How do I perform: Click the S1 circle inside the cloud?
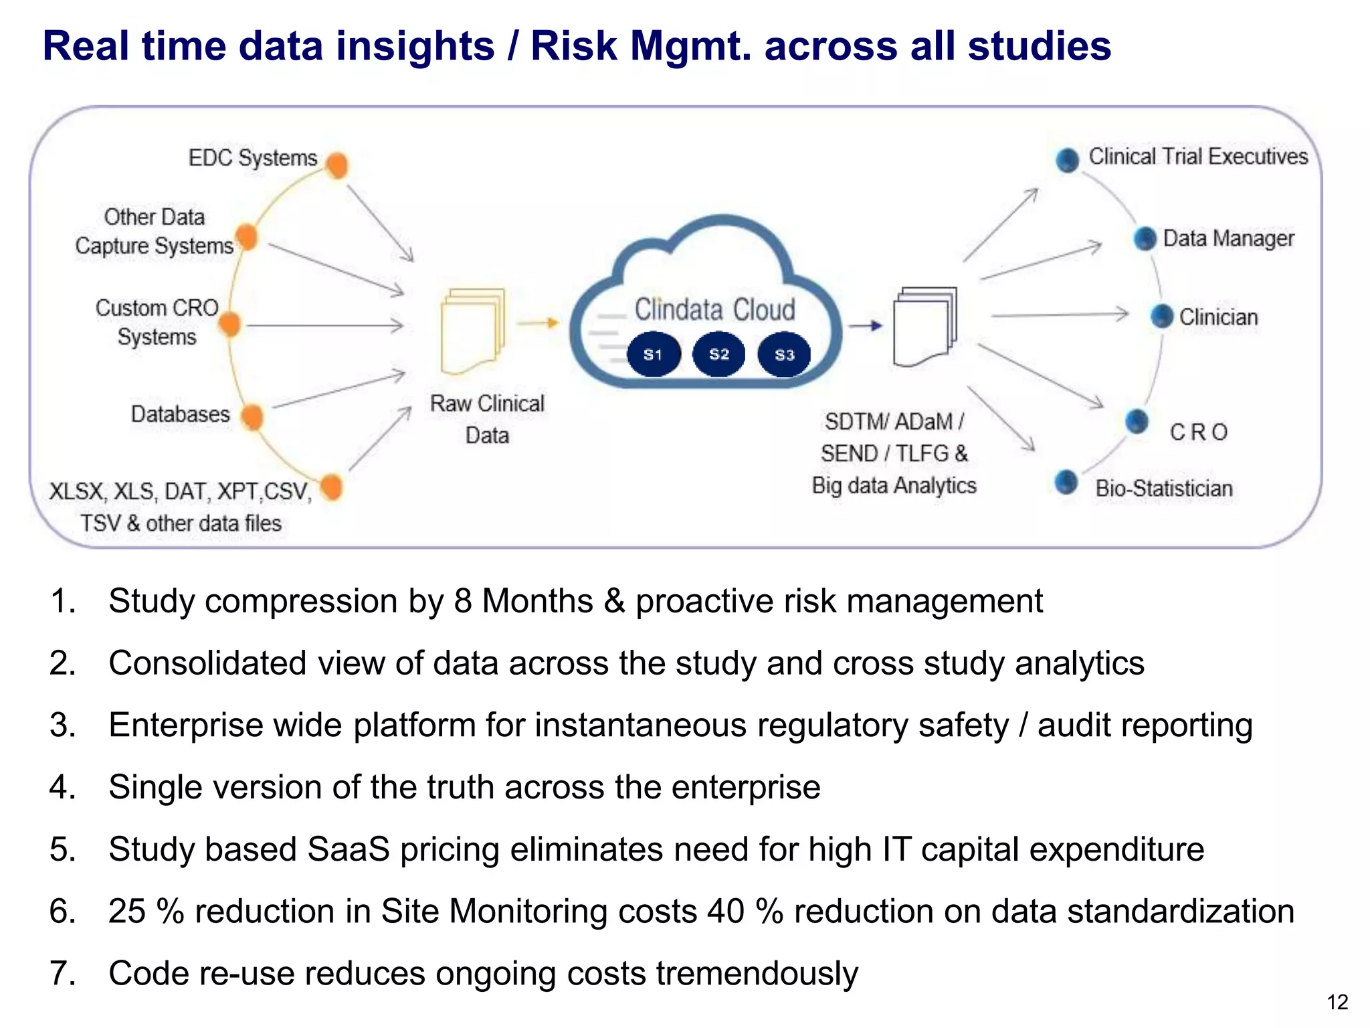click(x=654, y=354)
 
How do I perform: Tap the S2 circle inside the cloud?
click(x=718, y=353)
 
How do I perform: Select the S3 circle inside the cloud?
click(x=784, y=354)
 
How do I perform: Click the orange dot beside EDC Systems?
click(x=338, y=165)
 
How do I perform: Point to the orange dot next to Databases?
click(x=252, y=417)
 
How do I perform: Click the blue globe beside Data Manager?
click(x=1145, y=238)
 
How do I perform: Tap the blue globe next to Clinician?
click(x=1162, y=316)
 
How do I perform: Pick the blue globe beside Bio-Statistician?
click(x=1066, y=482)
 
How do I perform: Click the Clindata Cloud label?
click(x=714, y=310)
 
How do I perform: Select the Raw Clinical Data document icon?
click(x=472, y=331)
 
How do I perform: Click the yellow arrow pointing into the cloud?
click(x=539, y=323)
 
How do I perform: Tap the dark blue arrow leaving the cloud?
click(x=866, y=326)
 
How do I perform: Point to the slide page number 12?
click(x=1337, y=1002)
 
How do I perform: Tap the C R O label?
click(x=1199, y=432)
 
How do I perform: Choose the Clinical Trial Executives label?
click(x=1198, y=157)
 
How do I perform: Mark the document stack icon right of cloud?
click(x=925, y=327)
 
